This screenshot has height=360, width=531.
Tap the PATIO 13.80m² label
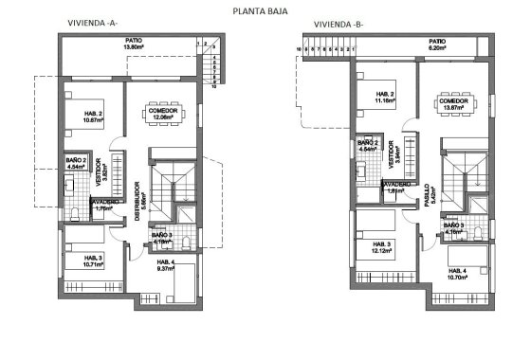click(x=134, y=43)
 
